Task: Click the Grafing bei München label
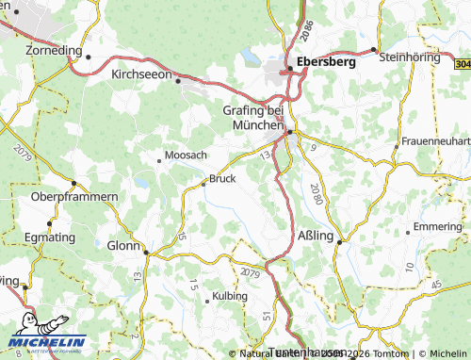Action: [253, 117]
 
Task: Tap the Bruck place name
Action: [222, 177]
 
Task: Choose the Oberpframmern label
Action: [74, 196]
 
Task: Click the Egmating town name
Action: [48, 237]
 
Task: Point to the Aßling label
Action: [315, 236]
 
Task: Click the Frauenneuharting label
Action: [435, 140]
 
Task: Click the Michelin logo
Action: [46, 342]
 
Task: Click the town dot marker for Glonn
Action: [146, 252]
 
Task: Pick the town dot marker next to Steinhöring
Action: [374, 49]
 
